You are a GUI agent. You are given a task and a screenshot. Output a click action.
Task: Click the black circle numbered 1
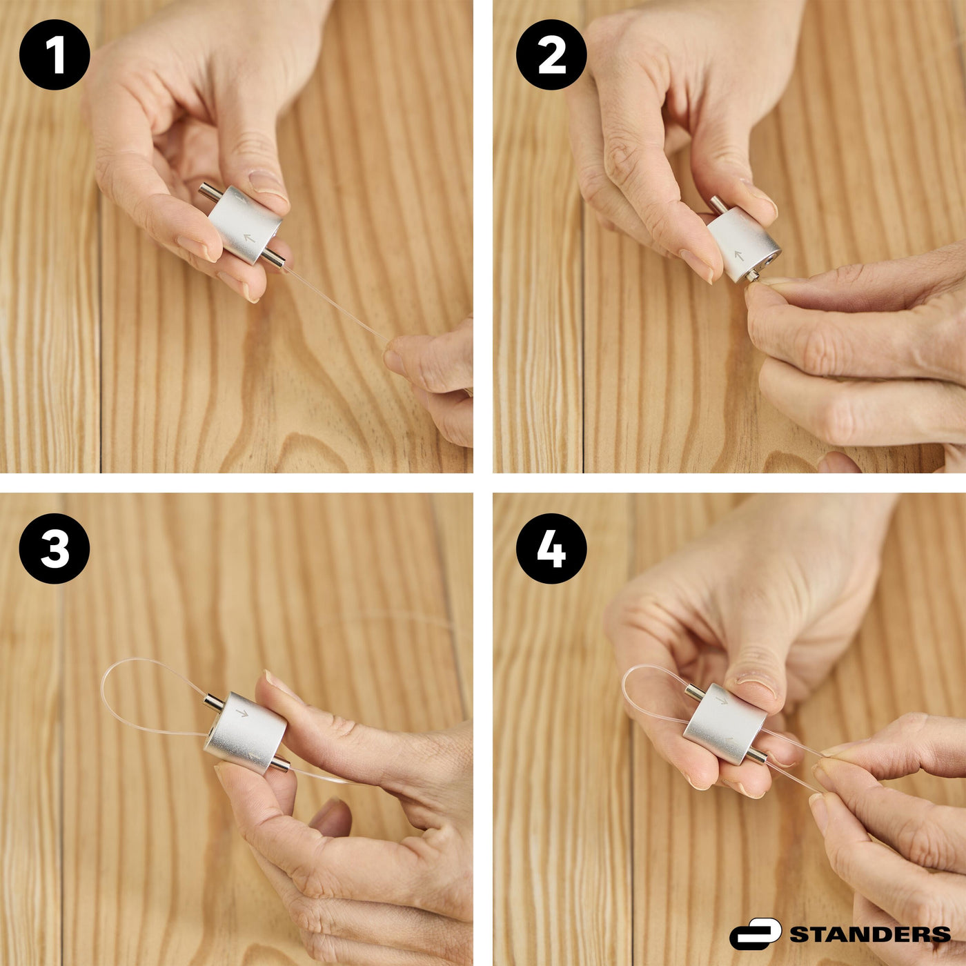point(55,55)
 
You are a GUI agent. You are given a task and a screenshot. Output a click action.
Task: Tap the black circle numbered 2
point(551,55)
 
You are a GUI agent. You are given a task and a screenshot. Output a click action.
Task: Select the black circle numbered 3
point(55,549)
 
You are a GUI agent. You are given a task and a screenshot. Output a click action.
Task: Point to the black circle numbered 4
point(551,549)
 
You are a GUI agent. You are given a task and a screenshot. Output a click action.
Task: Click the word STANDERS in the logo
point(870,920)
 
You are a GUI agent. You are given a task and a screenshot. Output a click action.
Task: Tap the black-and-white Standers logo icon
point(755,919)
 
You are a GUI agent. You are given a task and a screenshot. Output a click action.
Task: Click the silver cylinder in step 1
point(245,225)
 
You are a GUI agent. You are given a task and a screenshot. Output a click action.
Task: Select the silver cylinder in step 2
point(743,246)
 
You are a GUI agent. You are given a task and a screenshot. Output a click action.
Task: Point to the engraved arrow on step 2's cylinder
point(738,255)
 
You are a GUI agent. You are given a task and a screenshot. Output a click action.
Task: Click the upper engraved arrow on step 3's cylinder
point(242,712)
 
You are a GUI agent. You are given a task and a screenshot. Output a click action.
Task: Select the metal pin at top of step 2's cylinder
point(718,204)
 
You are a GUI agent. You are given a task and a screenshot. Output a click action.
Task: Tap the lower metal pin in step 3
point(279,763)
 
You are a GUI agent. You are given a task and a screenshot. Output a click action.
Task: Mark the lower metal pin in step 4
point(758,754)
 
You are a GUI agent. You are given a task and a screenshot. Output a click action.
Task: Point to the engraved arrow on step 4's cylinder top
point(721,699)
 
